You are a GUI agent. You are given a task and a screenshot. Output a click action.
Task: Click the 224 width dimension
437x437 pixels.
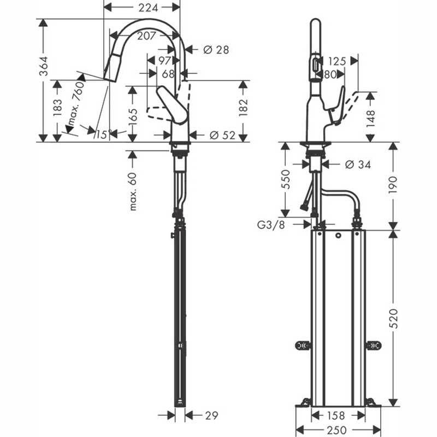pos(148,8)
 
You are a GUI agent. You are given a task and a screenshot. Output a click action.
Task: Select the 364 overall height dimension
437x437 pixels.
pos(44,66)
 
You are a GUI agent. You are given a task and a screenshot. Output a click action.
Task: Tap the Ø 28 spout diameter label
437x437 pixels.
pos(216,50)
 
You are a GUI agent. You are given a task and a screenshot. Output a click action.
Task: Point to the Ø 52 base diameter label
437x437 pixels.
pos(222,135)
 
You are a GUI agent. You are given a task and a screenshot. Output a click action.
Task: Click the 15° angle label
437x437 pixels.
pos(104,134)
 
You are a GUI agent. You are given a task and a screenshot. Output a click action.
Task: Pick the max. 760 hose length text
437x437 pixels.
pos(75,104)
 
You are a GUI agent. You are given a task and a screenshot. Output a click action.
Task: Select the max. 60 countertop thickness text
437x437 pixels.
pos(133,192)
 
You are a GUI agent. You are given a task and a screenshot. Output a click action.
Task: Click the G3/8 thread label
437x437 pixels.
pos(271,225)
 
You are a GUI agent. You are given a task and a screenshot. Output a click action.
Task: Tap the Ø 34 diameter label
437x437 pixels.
pos(358,164)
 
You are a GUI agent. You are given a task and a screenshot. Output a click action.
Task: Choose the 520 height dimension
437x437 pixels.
pos(393,318)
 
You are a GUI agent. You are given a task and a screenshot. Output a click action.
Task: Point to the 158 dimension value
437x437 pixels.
pos(336,416)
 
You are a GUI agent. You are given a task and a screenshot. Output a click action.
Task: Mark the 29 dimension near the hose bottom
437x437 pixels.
pos(211,416)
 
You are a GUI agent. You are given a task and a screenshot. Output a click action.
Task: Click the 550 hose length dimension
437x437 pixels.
pos(286,180)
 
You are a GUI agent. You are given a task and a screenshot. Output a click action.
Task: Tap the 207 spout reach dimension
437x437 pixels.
pos(146,36)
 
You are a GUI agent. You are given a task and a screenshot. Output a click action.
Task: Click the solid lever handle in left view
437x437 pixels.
pos(172,105)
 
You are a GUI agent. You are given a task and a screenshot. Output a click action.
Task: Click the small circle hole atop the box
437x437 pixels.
pos(338,236)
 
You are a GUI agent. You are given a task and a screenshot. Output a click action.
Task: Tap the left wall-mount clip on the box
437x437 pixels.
pos(303,346)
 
